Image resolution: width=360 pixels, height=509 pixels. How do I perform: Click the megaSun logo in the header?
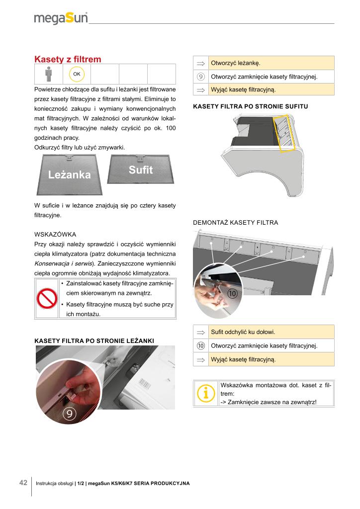(61, 18)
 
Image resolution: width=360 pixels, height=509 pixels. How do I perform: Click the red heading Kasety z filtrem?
(68, 60)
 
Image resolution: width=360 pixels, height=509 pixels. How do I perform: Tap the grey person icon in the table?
(48, 75)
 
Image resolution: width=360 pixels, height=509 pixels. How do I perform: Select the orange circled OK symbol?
(77, 75)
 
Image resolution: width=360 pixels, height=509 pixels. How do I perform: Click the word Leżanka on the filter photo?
(70, 175)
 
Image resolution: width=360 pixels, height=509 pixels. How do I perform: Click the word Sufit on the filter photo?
(141, 170)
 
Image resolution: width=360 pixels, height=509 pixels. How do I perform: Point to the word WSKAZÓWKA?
(55, 234)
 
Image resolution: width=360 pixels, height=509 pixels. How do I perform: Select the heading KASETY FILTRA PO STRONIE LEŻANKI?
(94, 340)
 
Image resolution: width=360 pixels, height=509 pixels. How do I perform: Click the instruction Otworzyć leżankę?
(236, 63)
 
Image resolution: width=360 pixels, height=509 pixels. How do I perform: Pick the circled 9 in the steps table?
(201, 77)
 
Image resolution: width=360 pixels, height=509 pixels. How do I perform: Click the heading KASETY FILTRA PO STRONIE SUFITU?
(250, 107)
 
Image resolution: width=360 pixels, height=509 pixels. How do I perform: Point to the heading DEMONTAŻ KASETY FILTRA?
(235, 223)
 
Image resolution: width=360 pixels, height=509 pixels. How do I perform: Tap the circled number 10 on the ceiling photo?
(232, 294)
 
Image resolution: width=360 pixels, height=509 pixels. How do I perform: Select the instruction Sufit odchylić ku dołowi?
(243, 332)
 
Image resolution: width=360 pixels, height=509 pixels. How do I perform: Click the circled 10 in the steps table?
(201, 345)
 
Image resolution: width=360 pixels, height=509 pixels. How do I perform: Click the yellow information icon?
(206, 393)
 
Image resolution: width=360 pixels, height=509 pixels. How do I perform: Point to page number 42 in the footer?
(23, 483)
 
